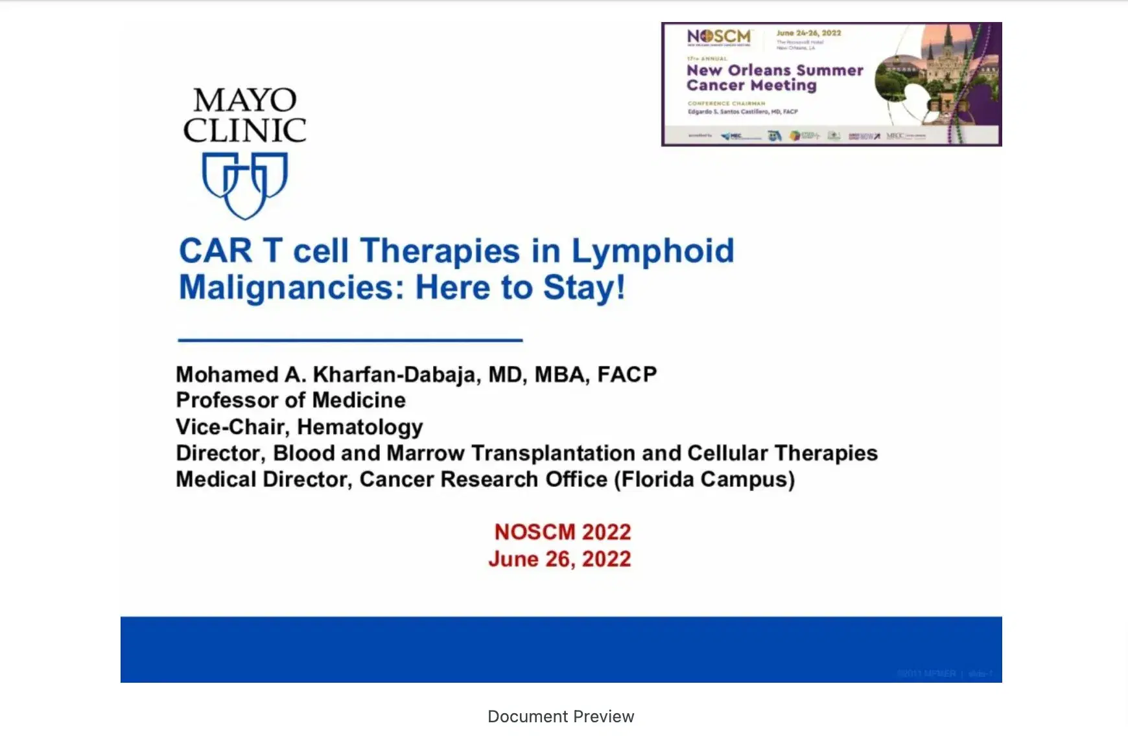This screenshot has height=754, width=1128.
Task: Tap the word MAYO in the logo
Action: (245, 100)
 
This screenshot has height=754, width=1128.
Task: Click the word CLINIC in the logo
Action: (244, 130)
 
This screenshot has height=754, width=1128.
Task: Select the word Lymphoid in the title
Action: (652, 251)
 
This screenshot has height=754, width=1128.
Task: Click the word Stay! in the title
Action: (584, 288)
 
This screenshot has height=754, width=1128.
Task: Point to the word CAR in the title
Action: (215, 251)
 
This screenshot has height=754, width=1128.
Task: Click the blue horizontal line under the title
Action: (350, 339)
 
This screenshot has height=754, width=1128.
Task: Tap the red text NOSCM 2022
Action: (562, 532)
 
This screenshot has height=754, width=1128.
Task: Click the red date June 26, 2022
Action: (559, 559)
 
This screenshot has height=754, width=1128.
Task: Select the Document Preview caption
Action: (561, 716)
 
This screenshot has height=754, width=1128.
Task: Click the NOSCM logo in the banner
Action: (719, 37)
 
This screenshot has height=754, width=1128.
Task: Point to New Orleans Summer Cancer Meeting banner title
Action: (775, 78)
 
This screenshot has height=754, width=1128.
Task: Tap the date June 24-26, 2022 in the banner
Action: (808, 33)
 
